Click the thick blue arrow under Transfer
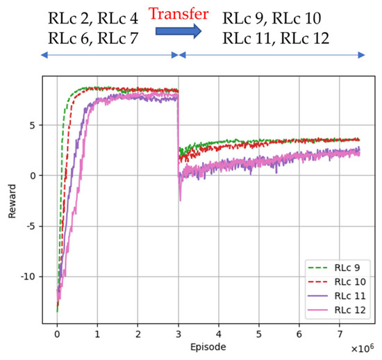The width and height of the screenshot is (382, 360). point(178,31)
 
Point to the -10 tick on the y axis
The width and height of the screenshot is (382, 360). point(27,277)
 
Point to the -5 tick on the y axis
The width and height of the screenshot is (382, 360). point(30,226)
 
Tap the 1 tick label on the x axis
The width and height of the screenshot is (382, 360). point(97,332)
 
